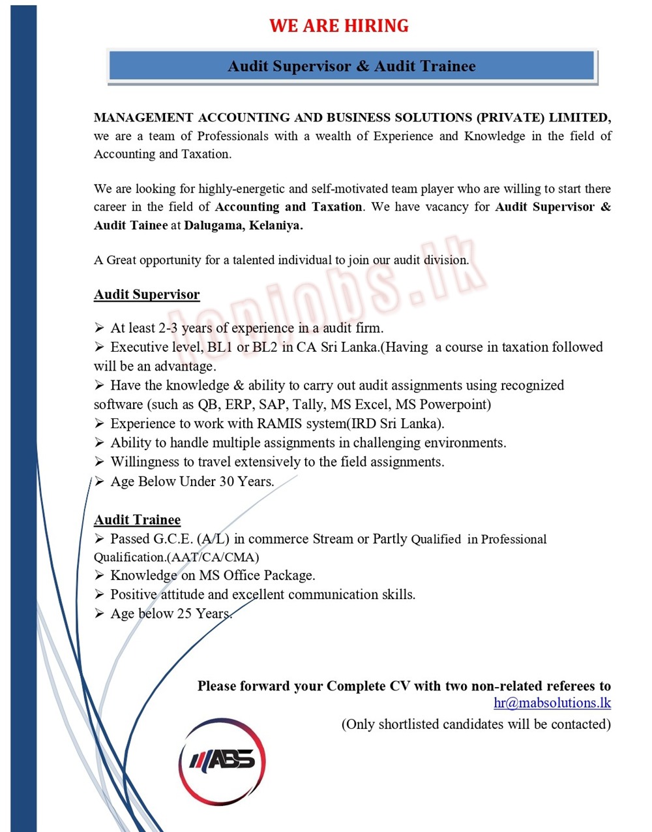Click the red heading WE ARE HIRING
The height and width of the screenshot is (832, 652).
coord(339,26)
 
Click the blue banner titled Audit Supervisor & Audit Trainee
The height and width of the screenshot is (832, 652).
coord(351,67)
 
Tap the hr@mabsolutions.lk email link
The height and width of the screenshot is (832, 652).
coord(552,703)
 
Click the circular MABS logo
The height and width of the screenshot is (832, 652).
coord(222,761)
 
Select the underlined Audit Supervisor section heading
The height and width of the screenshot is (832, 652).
coord(147,295)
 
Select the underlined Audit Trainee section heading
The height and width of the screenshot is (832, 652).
coord(137,520)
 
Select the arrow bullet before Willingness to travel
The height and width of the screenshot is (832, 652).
coord(99,462)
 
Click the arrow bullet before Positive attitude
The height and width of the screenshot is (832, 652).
coord(99,594)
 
